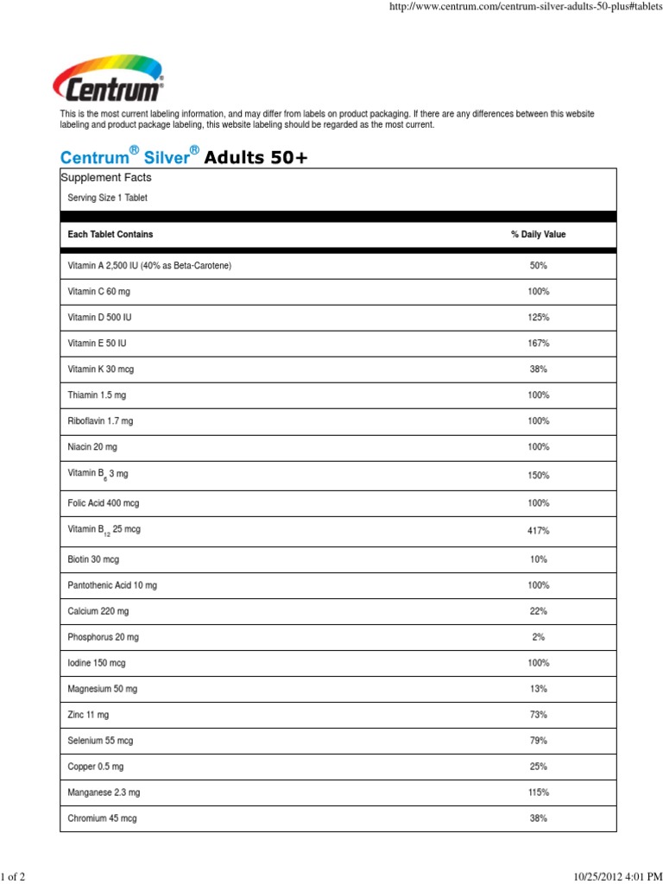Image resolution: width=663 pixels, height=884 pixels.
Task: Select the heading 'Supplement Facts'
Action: coord(105,178)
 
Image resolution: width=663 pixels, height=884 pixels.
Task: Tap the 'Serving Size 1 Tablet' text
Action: coord(108,198)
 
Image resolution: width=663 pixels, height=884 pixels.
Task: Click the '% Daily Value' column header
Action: coord(538,235)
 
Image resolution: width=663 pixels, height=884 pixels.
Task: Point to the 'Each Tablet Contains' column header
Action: coord(110,235)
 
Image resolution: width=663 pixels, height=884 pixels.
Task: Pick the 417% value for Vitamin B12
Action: coord(538,531)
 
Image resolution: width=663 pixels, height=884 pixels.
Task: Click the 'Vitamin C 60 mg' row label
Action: coord(98,292)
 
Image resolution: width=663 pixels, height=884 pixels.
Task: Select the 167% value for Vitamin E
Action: coord(538,344)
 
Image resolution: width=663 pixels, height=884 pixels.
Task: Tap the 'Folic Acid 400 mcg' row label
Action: coord(104,502)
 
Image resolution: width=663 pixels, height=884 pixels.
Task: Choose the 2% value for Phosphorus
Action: coord(538,637)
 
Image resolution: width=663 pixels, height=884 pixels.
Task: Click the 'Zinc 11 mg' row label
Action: coord(88,715)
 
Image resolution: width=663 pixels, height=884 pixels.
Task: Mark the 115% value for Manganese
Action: coord(538,792)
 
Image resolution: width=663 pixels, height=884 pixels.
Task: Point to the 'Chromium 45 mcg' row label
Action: coord(102,818)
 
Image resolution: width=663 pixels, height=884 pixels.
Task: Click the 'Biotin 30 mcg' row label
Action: coord(93,559)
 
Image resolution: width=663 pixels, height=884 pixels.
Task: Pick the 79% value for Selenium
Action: coord(538,741)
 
